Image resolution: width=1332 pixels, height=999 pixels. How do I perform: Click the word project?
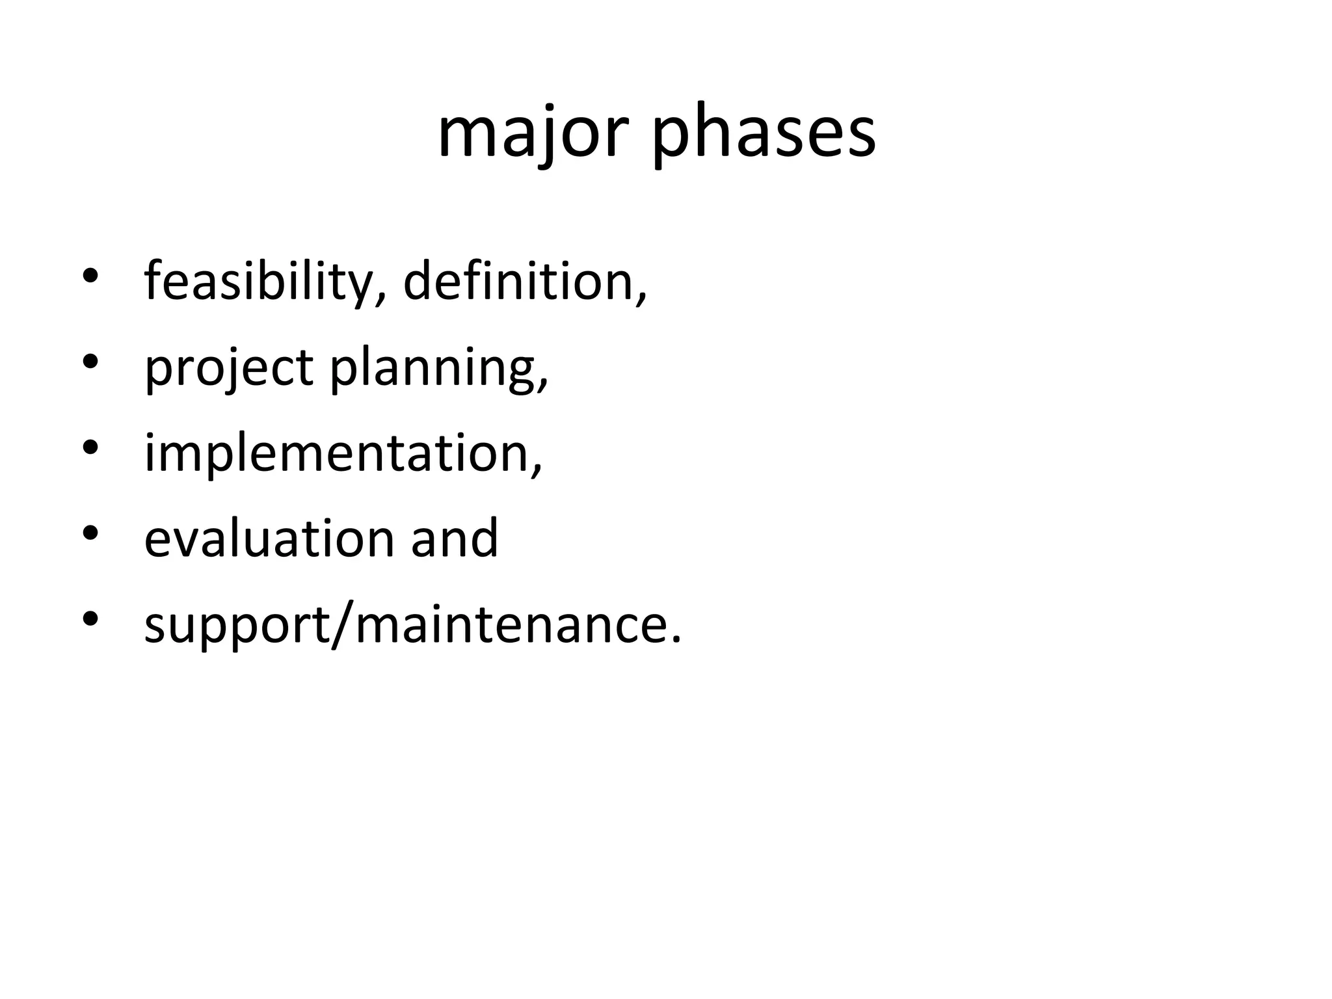tap(229, 367)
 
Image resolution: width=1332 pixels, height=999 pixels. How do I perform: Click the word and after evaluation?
tap(454, 539)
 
